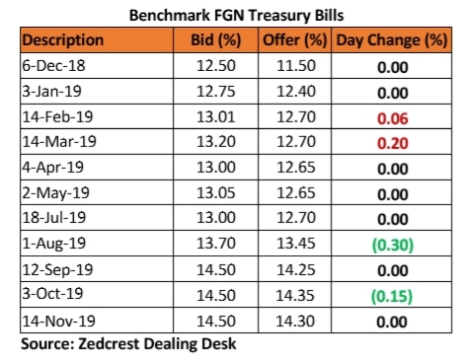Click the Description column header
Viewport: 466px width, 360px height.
pyautogui.click(x=63, y=40)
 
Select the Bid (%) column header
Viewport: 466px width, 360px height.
pyautogui.click(x=216, y=40)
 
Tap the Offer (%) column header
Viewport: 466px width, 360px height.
pyautogui.click(x=295, y=40)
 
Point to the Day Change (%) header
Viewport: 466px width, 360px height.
pyautogui.click(x=392, y=40)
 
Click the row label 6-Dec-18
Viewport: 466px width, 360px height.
pyautogui.click(x=53, y=65)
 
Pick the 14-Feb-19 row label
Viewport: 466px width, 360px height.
pyautogui.click(x=57, y=116)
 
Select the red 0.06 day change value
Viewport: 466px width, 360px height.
pyautogui.click(x=393, y=118)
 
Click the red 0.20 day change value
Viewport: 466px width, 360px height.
pyautogui.click(x=393, y=143)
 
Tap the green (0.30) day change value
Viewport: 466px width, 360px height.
pyautogui.click(x=393, y=245)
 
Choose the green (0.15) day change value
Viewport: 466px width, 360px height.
pyautogui.click(x=392, y=296)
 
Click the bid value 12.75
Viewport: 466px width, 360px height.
pyautogui.click(x=216, y=91)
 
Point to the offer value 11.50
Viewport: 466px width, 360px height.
pyautogui.click(x=296, y=65)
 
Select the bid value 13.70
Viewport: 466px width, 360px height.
pyautogui.click(x=216, y=244)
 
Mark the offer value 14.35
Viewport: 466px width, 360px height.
pyautogui.click(x=295, y=295)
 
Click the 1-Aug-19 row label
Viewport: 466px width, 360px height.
pyautogui.click(x=54, y=244)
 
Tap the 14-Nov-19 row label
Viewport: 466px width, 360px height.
pyautogui.click(x=58, y=321)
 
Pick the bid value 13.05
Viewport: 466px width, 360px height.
pyautogui.click(x=216, y=192)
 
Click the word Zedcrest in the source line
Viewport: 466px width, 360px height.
pyautogui.click(x=109, y=344)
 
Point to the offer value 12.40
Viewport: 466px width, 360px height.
pyautogui.click(x=296, y=91)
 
